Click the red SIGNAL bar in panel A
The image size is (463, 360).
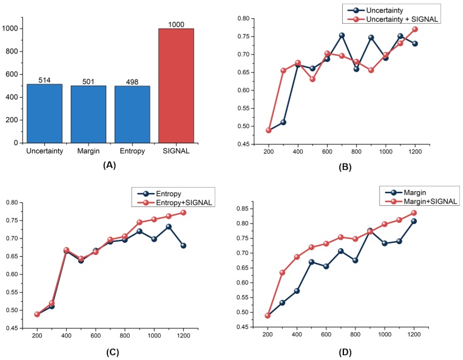[x=178, y=86]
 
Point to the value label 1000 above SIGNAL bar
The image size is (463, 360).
[x=178, y=24]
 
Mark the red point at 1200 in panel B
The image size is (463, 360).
[x=415, y=29]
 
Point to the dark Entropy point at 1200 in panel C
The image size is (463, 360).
[x=183, y=245]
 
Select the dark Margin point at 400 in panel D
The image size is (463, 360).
[x=297, y=291]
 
